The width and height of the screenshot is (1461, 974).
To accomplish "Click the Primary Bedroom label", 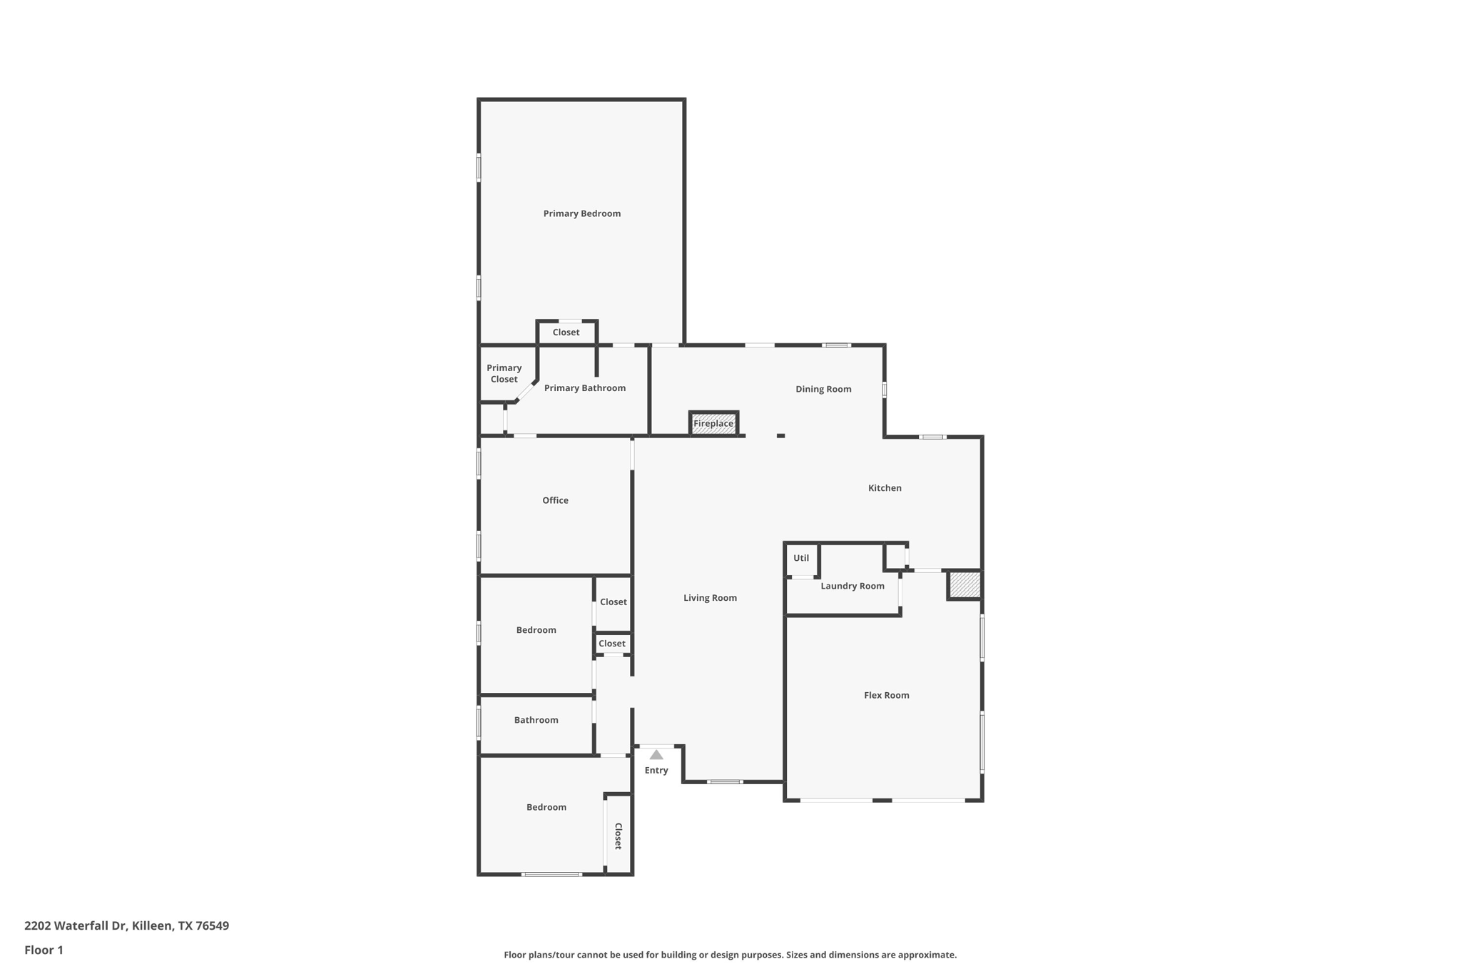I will click(581, 213).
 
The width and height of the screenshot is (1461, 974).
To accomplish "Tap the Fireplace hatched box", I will click(713, 423).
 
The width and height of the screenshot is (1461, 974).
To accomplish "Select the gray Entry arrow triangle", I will click(656, 755).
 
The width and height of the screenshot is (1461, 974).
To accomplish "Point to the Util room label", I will click(801, 558).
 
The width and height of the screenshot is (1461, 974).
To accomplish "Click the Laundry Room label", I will click(852, 586).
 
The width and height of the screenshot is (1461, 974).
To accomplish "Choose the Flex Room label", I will click(886, 695).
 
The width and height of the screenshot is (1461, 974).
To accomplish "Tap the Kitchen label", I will click(885, 488).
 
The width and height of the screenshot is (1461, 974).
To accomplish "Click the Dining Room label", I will click(823, 389).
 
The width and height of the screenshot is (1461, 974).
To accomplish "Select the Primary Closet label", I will click(504, 373).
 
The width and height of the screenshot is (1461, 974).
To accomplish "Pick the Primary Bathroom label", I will click(584, 388).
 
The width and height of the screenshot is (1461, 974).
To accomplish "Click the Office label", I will click(555, 500).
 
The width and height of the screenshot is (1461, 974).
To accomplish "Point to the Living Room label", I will click(710, 598).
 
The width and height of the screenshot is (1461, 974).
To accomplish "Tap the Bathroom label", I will click(536, 720).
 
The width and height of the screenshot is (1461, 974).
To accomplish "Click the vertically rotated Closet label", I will click(618, 836).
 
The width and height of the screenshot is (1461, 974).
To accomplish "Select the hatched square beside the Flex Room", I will click(964, 585).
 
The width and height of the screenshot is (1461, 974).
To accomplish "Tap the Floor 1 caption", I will click(44, 950).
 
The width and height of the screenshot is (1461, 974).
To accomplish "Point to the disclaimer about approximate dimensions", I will click(730, 955).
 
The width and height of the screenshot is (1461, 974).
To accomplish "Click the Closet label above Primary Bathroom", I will click(566, 333).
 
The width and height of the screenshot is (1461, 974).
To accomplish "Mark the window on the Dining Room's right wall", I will click(885, 390).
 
